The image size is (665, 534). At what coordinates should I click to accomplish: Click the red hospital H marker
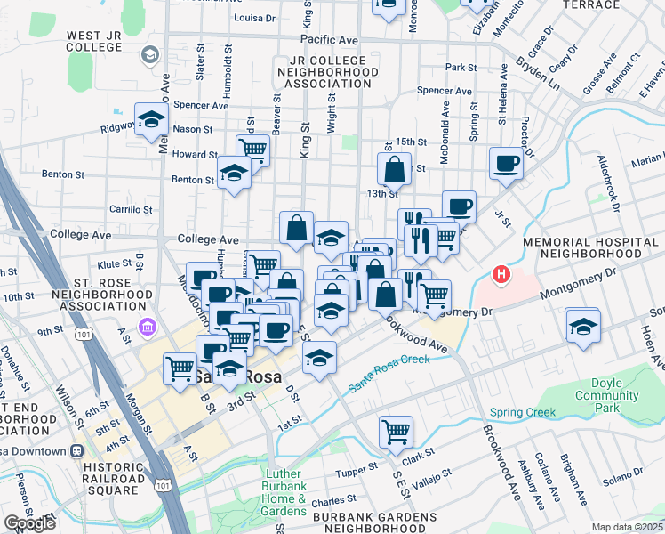click(501, 275)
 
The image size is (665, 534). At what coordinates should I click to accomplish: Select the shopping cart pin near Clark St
click(396, 433)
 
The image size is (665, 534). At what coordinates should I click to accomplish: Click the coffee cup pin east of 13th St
click(506, 164)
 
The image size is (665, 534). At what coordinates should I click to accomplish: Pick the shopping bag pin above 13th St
click(394, 168)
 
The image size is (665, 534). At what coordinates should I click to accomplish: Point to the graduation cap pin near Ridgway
click(152, 119)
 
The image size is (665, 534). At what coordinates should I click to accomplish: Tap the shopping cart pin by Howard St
click(253, 149)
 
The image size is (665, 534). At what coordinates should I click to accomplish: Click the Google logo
click(29, 523)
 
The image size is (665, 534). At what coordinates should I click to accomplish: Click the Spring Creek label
click(522, 412)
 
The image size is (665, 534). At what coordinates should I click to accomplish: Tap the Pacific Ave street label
click(329, 40)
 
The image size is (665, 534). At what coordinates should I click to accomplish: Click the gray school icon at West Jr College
click(150, 55)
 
